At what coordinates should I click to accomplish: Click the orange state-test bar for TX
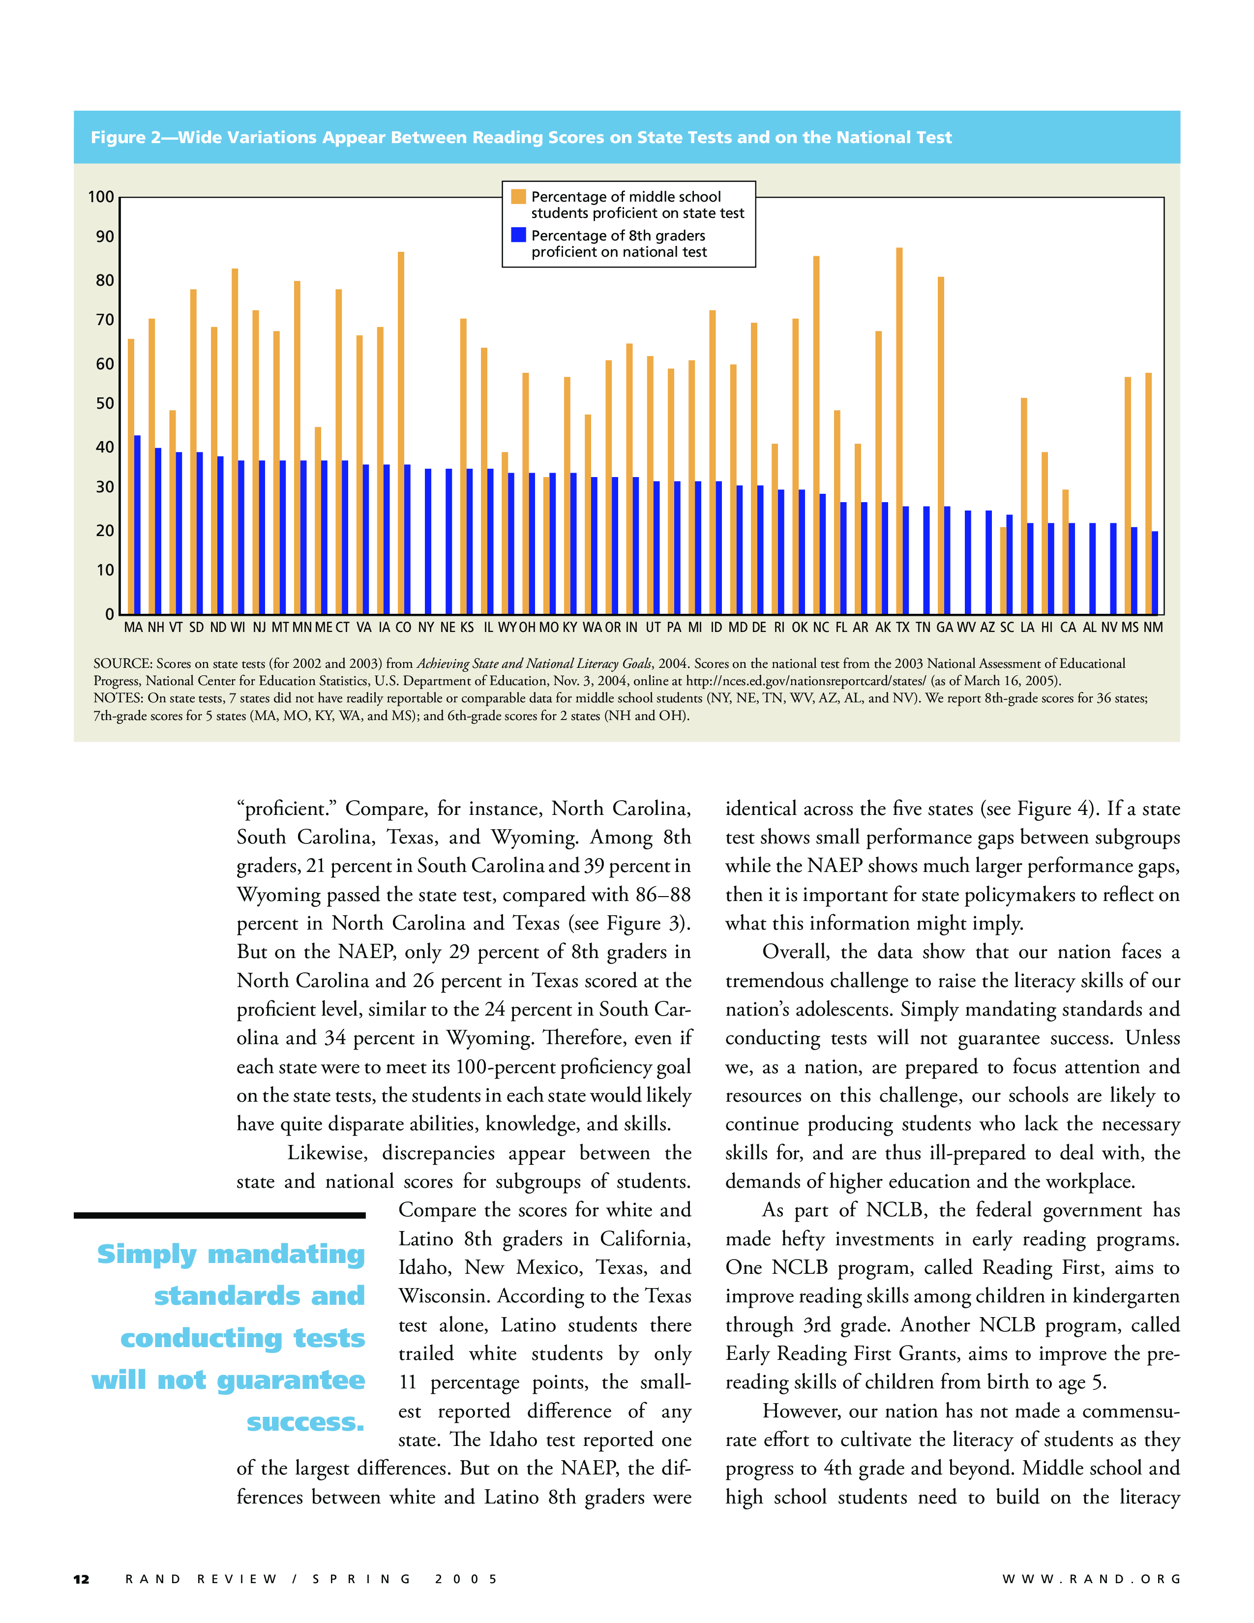pyautogui.click(x=899, y=431)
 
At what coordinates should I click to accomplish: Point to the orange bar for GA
pyautogui.click(x=940, y=446)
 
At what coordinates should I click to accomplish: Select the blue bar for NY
pyautogui.click(x=428, y=542)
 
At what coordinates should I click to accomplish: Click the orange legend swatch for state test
pyautogui.click(x=518, y=196)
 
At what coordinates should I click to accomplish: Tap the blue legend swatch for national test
pyautogui.click(x=518, y=235)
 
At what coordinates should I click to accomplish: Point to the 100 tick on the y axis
pyautogui.click(x=101, y=197)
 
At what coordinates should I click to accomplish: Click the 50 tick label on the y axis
pyautogui.click(x=105, y=403)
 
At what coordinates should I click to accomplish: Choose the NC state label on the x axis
pyautogui.click(x=820, y=627)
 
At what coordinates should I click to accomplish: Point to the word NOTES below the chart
pyautogui.click(x=118, y=698)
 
